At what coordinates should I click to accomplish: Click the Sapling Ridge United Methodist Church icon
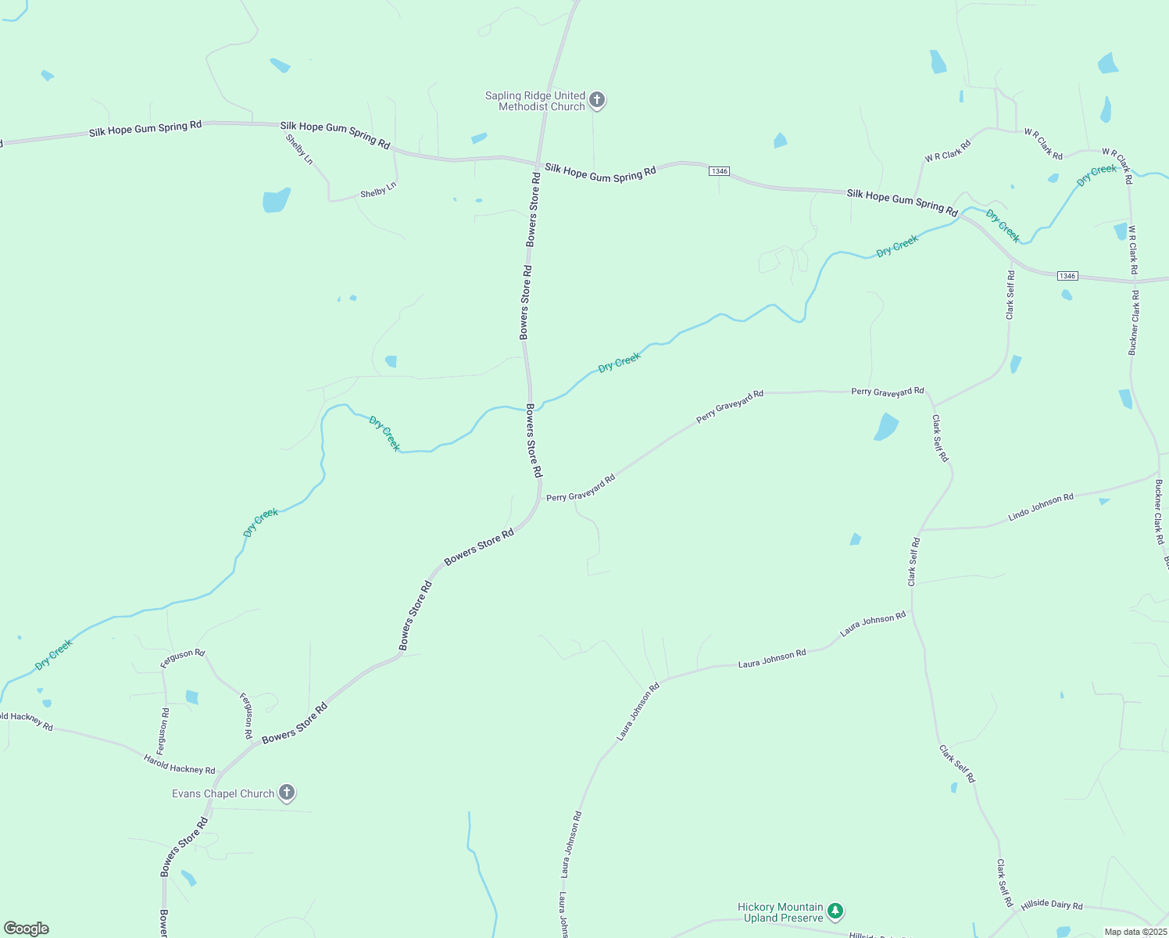click(x=597, y=100)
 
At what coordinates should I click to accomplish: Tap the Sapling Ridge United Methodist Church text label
click(x=535, y=101)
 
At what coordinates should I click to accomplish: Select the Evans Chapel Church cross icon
click(x=287, y=793)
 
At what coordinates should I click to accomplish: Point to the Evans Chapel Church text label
click(x=223, y=793)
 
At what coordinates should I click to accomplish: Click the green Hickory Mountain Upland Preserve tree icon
click(x=835, y=911)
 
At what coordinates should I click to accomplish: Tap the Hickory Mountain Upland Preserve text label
click(x=781, y=912)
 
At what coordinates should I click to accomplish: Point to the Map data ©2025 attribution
click(x=1135, y=932)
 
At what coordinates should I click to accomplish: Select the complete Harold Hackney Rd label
click(x=179, y=764)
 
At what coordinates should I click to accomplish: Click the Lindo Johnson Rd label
click(x=1041, y=507)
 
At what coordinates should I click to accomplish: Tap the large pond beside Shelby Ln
click(x=276, y=200)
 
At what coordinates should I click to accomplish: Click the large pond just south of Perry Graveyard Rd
click(x=885, y=427)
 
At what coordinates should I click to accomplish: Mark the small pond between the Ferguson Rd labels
click(x=192, y=696)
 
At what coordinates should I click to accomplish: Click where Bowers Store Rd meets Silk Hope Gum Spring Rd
click(x=538, y=163)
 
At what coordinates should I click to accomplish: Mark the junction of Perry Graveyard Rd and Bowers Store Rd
click(x=540, y=497)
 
